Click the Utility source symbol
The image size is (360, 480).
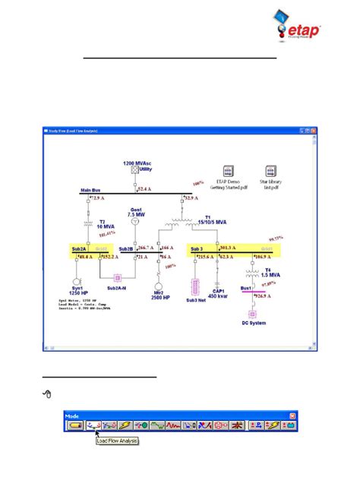pyautogui.click(x=134, y=172)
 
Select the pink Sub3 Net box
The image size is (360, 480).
pyautogui.click(x=196, y=287)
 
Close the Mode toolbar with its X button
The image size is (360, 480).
pyautogui.click(x=293, y=416)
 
